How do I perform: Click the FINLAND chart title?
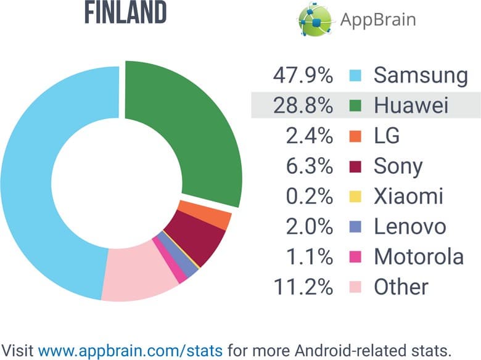[125, 14]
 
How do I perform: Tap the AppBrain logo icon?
[315, 19]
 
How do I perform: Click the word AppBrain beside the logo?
[378, 20]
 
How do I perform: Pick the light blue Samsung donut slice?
[37, 185]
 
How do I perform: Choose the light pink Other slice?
[139, 274]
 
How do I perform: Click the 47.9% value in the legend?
[302, 76]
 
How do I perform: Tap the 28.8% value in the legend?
[302, 106]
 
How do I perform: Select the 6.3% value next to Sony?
[311, 166]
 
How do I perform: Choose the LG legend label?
[387, 136]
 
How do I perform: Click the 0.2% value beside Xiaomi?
[311, 197]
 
